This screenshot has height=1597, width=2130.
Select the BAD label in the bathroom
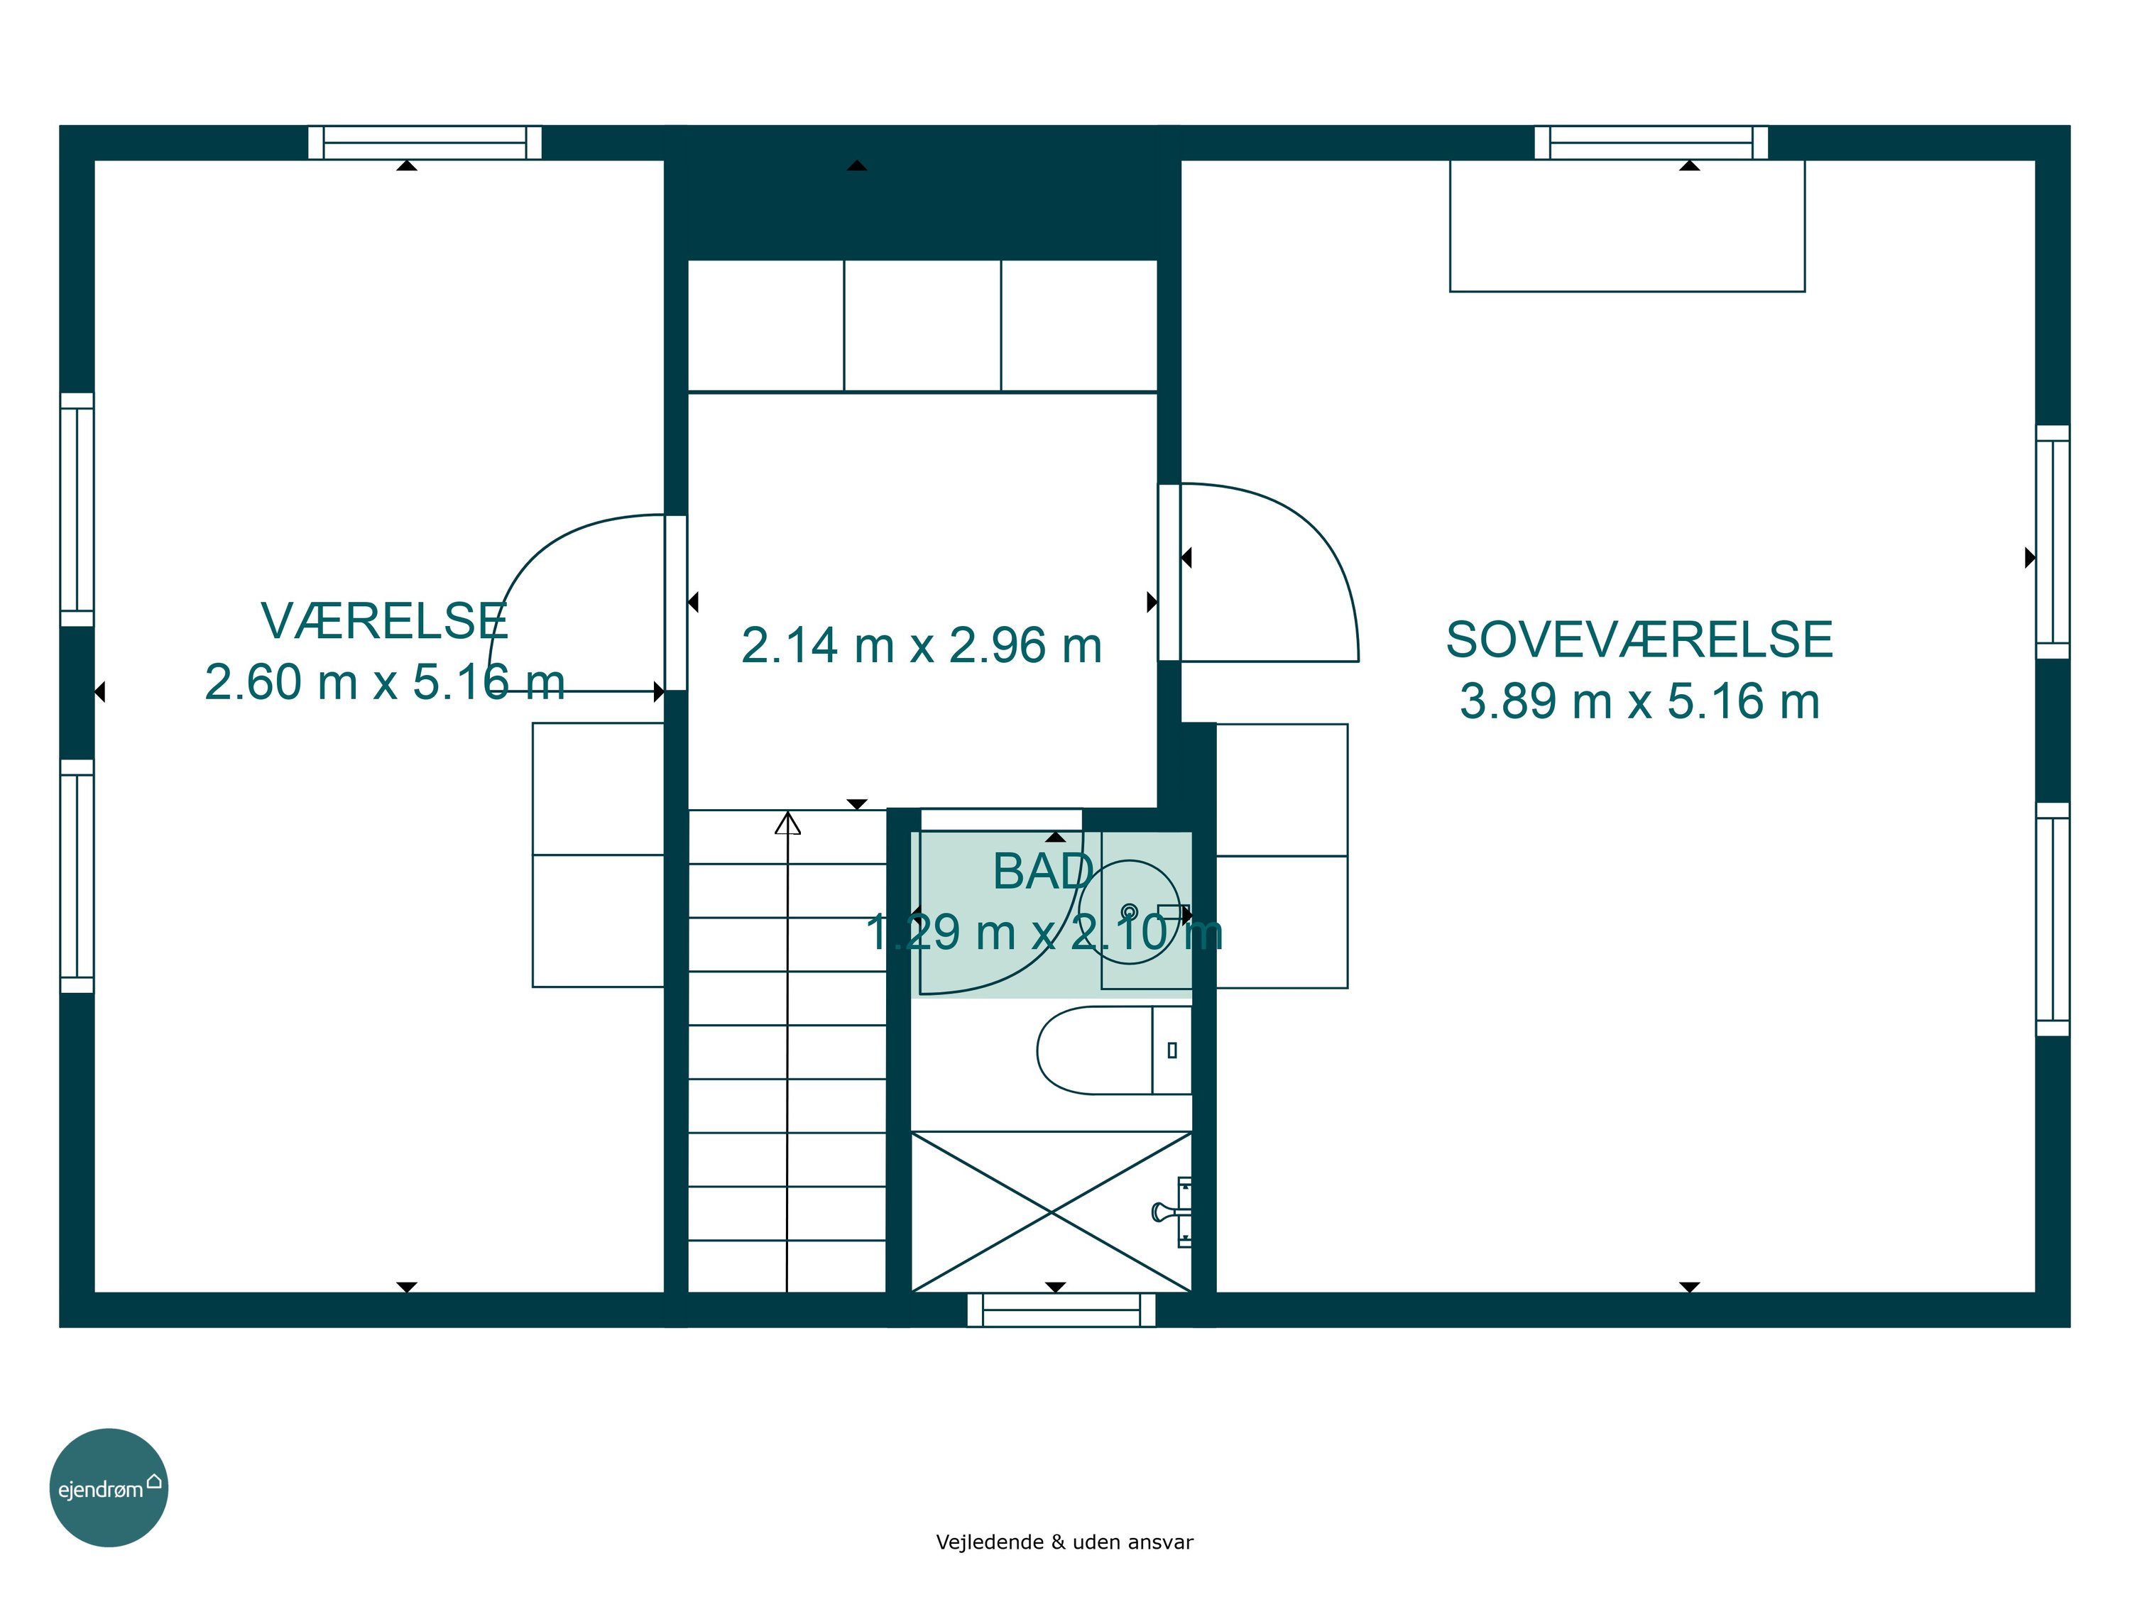point(1043,872)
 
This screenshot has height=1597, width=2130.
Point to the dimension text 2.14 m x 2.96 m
point(922,645)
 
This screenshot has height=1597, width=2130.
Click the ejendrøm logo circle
point(109,1487)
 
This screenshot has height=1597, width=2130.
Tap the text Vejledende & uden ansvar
point(1064,1542)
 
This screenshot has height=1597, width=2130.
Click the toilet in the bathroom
point(1114,1050)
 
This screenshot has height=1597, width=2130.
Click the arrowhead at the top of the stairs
point(787,823)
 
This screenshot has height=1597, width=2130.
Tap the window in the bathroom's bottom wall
point(1061,1310)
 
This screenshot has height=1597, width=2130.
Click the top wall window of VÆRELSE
point(425,143)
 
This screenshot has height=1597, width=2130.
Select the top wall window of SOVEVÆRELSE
point(1651,143)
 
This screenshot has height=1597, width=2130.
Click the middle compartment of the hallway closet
point(922,325)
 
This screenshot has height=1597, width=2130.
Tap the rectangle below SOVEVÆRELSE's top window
point(1627,226)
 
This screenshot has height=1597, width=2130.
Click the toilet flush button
point(1172,1050)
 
